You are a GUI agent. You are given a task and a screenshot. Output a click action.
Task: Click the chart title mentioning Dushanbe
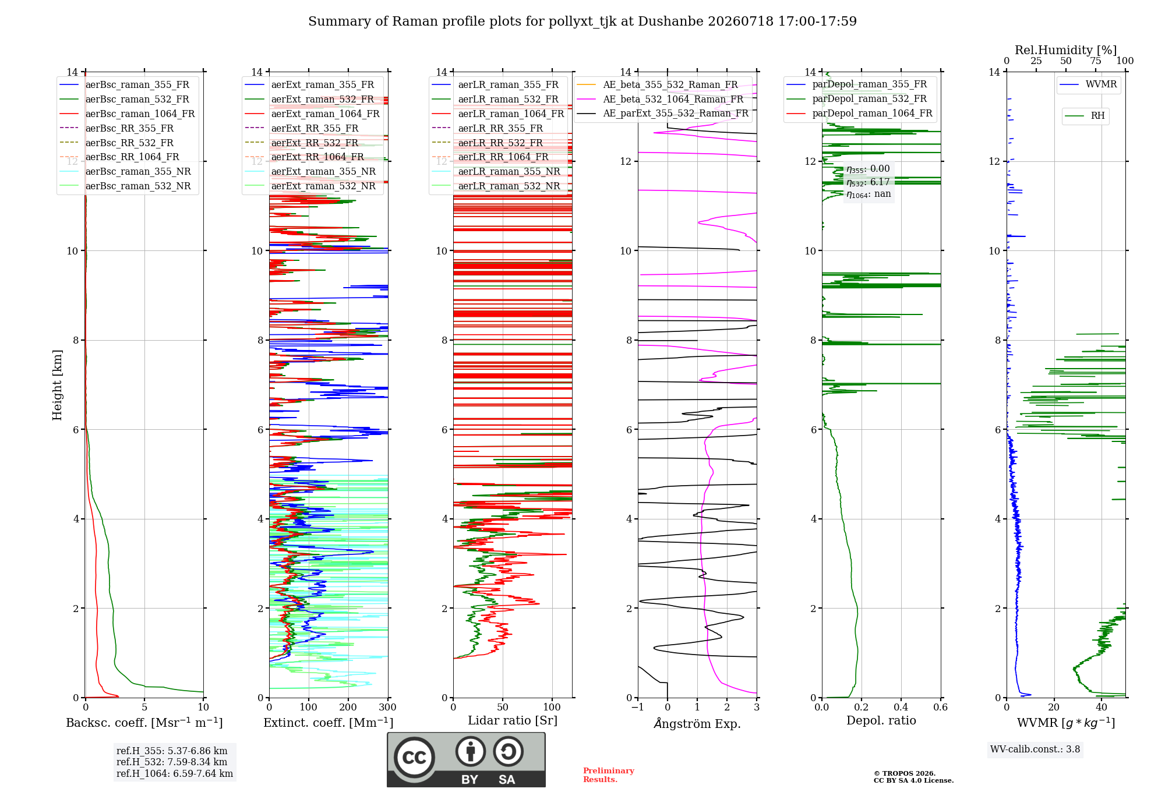tap(582, 22)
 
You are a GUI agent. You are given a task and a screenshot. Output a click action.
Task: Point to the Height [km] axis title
tap(57, 384)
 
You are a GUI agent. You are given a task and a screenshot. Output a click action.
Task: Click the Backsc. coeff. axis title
tap(144, 723)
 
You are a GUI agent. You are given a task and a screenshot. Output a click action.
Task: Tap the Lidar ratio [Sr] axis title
tap(513, 721)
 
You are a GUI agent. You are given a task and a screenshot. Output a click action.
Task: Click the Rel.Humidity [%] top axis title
tap(1066, 50)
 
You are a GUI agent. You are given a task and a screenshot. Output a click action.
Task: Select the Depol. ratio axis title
tap(881, 720)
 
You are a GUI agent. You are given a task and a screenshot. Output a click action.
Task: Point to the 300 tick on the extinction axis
tap(387, 707)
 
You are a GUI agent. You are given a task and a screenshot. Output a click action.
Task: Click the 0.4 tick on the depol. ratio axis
tap(901, 707)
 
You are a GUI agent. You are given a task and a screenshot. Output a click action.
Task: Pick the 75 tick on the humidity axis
tap(1096, 61)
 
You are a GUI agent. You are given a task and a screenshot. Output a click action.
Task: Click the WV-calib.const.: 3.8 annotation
tap(1035, 749)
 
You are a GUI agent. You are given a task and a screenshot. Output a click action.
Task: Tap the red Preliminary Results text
tap(609, 775)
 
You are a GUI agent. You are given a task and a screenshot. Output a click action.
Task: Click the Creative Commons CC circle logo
tap(414, 758)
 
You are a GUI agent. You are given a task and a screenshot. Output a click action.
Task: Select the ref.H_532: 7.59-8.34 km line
tap(172, 762)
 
